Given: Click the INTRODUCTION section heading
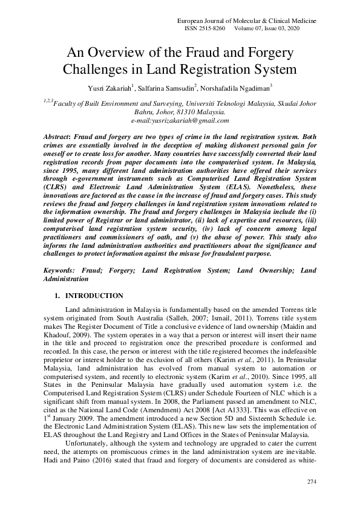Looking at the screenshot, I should pos(94,296).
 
